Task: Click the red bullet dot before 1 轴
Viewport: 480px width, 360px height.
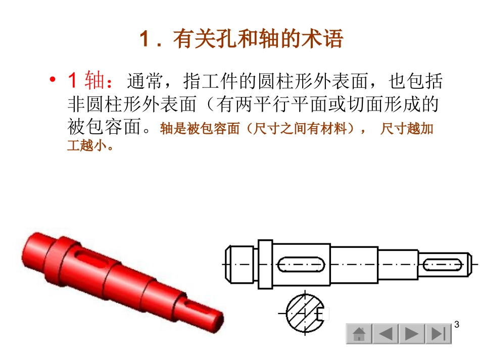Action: coord(52,81)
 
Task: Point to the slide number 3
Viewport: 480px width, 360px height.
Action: coord(457,324)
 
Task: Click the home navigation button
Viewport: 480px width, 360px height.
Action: coord(359,334)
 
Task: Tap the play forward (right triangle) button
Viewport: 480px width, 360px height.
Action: coord(411,334)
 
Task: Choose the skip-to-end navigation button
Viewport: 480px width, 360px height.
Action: coord(438,334)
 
